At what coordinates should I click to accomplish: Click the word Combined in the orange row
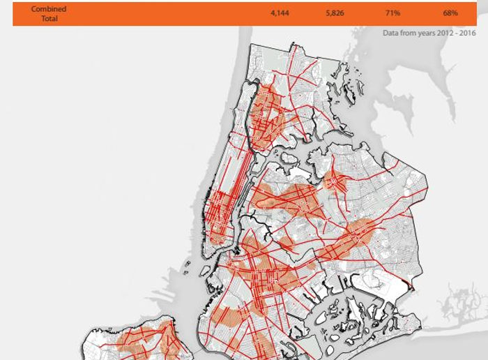tap(49, 9)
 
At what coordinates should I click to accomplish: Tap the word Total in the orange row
tap(49, 18)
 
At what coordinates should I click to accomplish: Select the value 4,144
tap(280, 13)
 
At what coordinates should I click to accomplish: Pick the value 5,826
tap(335, 13)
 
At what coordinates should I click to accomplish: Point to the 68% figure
tap(450, 13)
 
